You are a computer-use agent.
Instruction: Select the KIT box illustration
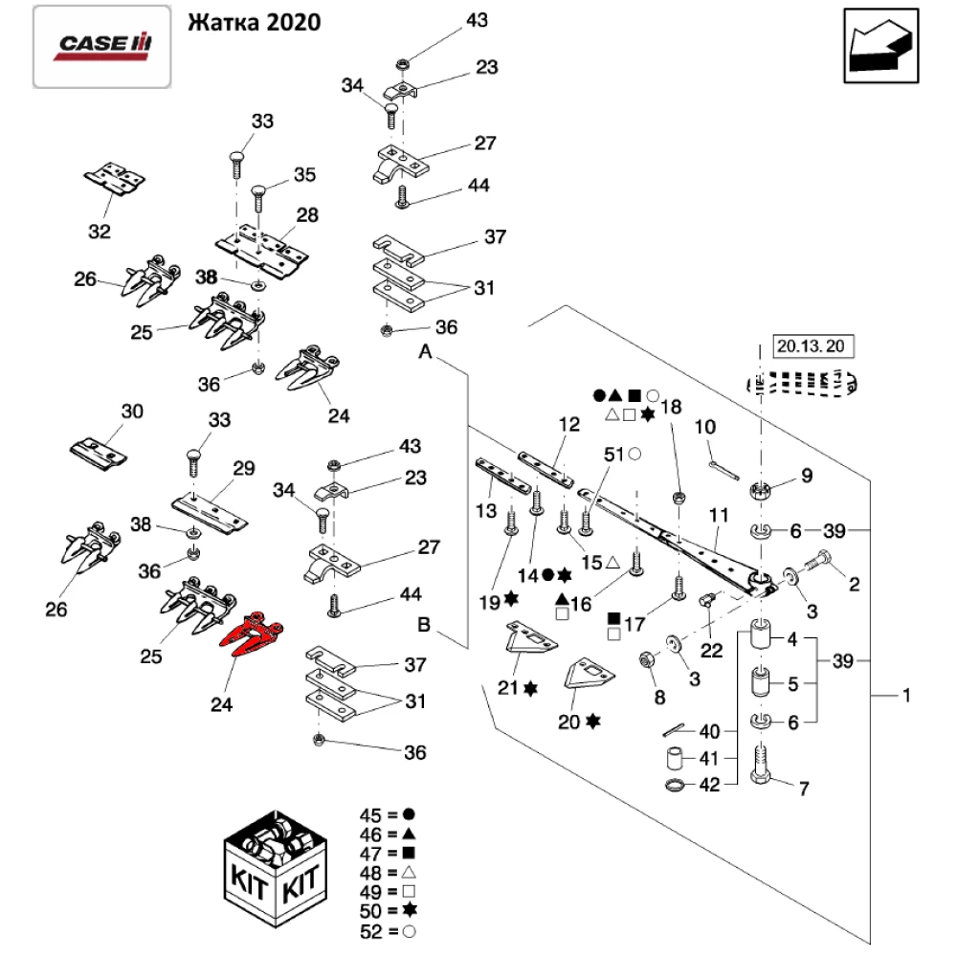276,871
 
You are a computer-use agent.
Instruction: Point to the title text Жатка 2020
254,22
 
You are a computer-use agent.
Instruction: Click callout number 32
99,231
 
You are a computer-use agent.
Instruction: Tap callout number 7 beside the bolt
804,790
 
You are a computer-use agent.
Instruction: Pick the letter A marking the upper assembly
428,353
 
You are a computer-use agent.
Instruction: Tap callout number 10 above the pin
704,427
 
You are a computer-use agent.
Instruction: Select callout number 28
306,215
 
